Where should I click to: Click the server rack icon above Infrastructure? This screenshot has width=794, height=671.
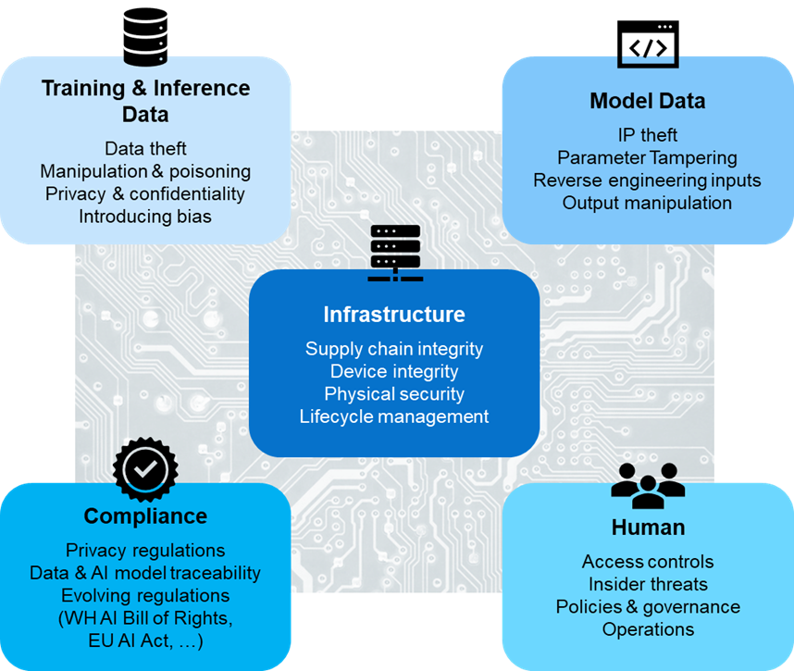394,253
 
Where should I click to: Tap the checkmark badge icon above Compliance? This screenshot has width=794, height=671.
145,469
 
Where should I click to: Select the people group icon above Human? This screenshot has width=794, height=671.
648,489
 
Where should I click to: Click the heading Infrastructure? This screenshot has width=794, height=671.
394,315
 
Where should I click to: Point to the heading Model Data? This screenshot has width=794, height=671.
648,101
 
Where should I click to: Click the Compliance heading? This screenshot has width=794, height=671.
145,516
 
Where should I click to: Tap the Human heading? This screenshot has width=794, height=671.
648,528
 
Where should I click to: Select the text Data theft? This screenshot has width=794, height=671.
145,149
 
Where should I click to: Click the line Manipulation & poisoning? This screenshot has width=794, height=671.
145,171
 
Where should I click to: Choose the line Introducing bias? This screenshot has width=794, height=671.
145,217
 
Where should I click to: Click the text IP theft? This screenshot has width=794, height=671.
648,135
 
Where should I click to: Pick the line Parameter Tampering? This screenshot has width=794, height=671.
648,158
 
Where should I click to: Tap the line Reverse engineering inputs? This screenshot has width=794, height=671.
648,180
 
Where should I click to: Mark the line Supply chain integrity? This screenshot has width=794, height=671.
394,349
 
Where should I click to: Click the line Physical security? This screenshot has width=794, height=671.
394,393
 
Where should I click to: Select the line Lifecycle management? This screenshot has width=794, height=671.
394,416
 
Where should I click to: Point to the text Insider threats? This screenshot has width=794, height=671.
648,584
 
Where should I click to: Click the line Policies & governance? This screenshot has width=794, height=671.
648,607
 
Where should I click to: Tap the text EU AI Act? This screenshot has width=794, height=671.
139,640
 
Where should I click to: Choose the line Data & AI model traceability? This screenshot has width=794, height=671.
145,573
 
